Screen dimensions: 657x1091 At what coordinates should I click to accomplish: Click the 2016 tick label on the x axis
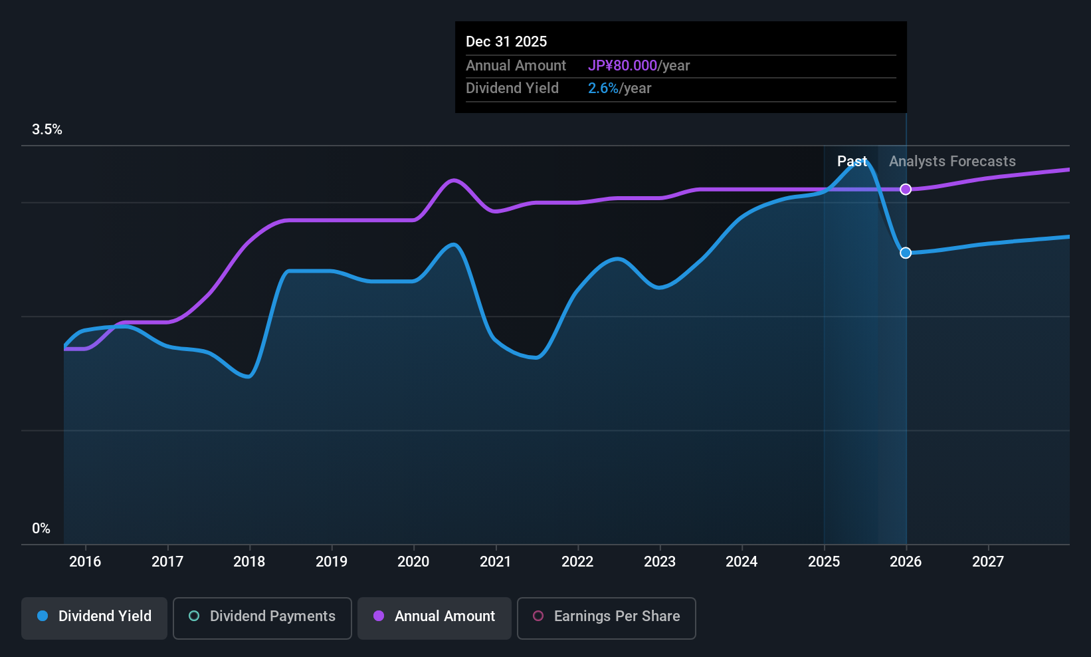tap(85, 561)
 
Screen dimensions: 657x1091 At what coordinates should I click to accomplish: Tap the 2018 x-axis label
tap(249, 561)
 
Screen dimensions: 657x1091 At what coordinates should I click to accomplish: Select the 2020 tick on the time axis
tap(413, 561)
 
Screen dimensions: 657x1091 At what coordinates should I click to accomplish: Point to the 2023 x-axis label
tap(660, 561)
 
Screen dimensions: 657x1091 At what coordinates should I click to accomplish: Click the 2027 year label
tap(988, 561)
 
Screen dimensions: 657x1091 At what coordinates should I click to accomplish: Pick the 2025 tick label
tap(824, 561)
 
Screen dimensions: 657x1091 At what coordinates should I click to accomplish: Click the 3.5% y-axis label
tap(47, 130)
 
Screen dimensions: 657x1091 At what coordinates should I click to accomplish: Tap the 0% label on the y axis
tap(41, 529)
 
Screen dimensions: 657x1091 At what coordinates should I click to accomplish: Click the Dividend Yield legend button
tap(94, 616)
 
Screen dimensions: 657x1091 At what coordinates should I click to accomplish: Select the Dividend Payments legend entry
tap(262, 616)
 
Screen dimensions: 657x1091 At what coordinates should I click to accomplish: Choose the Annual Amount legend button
tap(435, 616)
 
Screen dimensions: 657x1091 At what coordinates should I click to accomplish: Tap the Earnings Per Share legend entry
tap(606, 616)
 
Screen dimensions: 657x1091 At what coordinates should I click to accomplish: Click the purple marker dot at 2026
tap(906, 190)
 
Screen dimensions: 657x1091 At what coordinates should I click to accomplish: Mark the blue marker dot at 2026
tap(906, 253)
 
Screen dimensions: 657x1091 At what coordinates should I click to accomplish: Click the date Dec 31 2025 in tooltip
tap(506, 42)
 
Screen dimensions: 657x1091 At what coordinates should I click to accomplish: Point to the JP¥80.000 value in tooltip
tap(623, 66)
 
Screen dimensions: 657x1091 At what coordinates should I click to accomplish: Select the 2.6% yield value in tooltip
tap(603, 88)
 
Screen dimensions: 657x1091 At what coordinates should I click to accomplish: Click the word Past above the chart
tap(852, 162)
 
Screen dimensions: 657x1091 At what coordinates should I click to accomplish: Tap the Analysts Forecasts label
tap(952, 162)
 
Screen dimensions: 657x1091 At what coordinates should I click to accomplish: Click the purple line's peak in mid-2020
tap(454, 180)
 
